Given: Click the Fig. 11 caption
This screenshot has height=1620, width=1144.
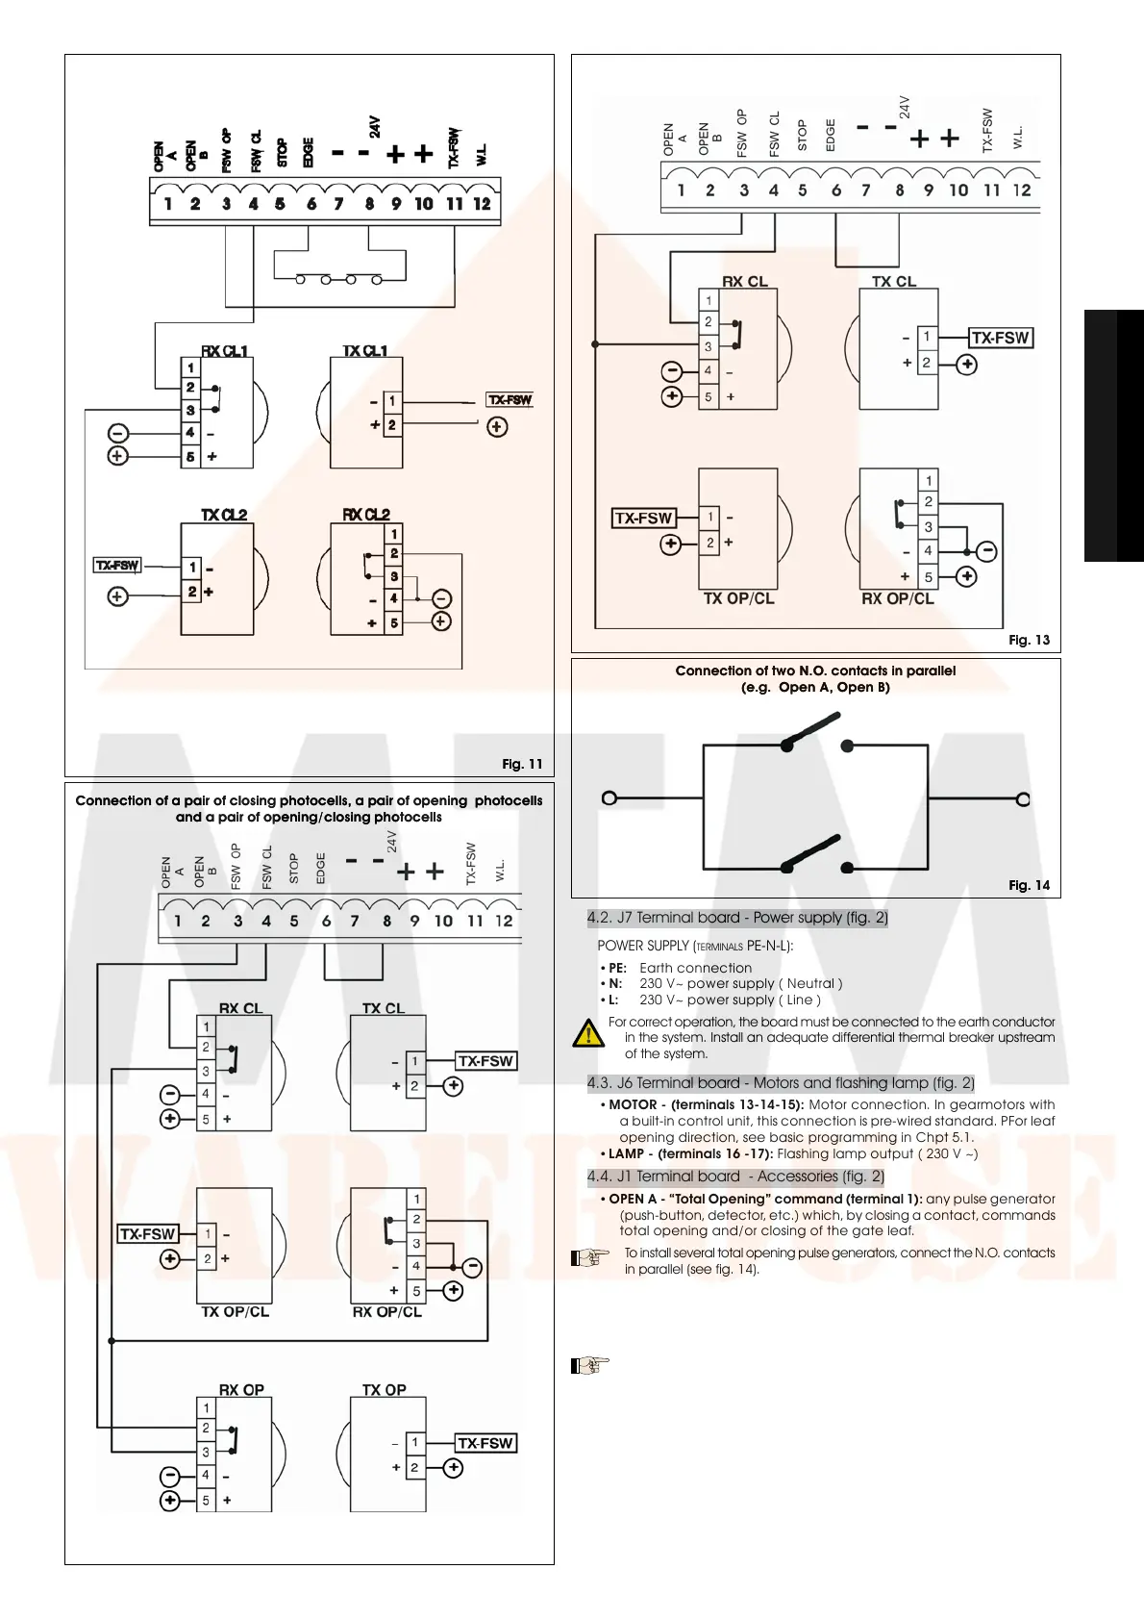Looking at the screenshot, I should [522, 764].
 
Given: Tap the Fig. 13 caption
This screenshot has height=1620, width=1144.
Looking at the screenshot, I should [1029, 640].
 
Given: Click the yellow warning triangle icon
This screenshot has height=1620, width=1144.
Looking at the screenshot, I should [587, 1034].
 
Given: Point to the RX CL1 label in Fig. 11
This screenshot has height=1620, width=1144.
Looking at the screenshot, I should [224, 351].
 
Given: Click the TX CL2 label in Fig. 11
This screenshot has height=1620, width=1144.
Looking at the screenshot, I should [224, 515].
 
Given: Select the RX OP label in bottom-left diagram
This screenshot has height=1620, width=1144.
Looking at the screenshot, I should [241, 1389].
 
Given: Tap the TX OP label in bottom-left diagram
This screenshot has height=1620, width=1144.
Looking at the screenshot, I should [384, 1389].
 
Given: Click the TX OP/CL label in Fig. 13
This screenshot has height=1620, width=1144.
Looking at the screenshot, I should [738, 598].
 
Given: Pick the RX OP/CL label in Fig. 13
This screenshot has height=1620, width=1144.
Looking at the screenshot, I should [897, 598].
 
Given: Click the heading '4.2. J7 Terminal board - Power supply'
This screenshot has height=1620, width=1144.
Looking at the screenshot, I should [737, 918].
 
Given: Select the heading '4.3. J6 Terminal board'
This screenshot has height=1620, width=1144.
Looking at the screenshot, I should [781, 1083].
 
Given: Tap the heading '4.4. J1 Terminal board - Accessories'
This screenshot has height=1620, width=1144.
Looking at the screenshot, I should [735, 1177].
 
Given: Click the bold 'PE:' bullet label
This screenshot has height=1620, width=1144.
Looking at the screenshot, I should [617, 968].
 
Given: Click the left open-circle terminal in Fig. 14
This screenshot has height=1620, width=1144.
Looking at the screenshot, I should [609, 797].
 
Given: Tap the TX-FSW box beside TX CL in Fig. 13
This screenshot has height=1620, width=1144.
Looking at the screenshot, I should [1000, 338].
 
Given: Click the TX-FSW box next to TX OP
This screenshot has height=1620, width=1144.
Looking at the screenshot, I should [485, 1443].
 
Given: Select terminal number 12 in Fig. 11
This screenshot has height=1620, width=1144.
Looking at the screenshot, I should [482, 204].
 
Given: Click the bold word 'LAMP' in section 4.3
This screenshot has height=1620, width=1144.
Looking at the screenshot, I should [626, 1153].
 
